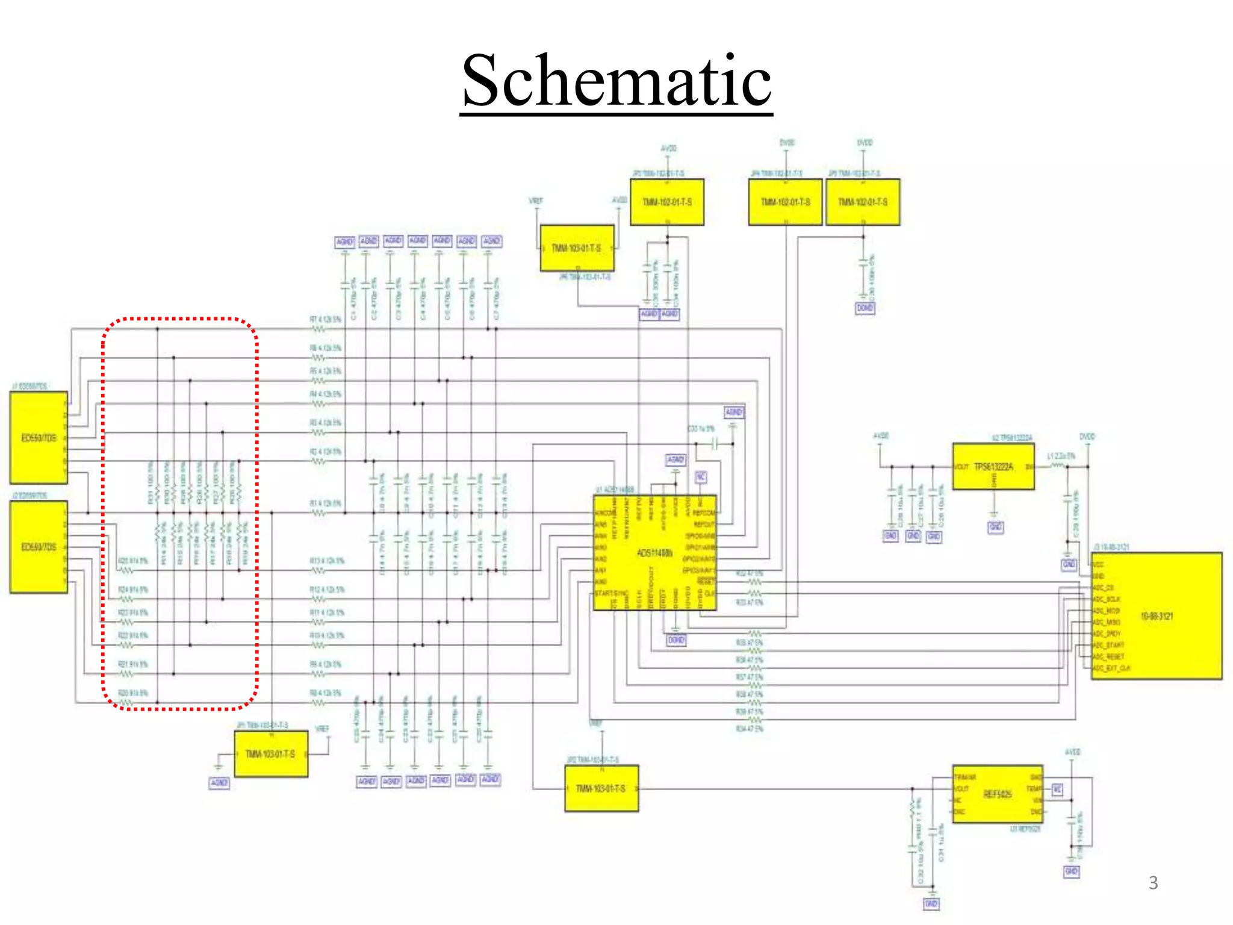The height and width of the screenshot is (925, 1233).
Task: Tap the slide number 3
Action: pos(1153,883)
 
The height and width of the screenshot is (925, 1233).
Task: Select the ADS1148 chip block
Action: pos(654,553)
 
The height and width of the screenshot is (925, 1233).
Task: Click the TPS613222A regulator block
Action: pos(993,467)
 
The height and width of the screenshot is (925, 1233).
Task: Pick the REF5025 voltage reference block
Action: pos(998,794)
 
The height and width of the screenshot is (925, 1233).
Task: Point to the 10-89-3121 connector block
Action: pos(1157,616)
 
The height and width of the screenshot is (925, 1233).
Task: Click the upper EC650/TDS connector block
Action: pos(39,438)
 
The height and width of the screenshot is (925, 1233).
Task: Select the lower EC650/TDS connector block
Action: pos(39,547)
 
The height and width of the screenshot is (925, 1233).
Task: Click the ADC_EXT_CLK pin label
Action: pos(1111,668)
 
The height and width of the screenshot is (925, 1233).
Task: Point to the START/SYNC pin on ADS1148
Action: pos(611,593)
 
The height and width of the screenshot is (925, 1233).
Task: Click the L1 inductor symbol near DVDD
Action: pos(1057,466)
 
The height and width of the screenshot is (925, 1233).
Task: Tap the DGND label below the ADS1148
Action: pos(676,640)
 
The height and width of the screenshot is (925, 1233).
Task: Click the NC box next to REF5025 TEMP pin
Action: pos(1057,789)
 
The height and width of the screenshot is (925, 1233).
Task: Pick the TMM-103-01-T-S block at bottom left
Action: pos(270,754)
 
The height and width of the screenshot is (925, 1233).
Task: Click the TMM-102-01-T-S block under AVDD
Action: pos(666,202)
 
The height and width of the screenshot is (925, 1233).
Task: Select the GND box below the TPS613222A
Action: pos(996,527)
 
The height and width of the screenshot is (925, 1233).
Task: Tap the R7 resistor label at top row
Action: pos(325,320)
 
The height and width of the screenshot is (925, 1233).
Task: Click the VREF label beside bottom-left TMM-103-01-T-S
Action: pos(323,729)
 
